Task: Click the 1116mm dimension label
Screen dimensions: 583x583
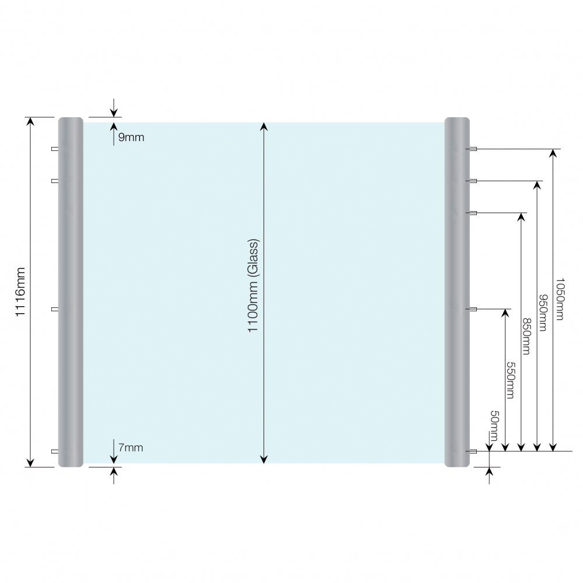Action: pos(20,292)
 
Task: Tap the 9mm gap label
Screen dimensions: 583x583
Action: pos(131,138)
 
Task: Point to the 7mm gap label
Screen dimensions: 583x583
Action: pos(131,448)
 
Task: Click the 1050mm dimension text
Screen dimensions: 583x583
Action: pos(560,298)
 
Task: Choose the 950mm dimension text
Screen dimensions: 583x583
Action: pos(543,312)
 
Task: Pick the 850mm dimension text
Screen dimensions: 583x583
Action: pos(527,336)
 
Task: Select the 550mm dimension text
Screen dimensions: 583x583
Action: pos(511,380)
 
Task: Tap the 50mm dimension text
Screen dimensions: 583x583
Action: pos(494,426)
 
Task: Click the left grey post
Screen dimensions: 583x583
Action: pos(71,292)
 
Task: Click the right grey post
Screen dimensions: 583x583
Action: pos(457,292)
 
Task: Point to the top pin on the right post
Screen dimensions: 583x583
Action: pos(473,149)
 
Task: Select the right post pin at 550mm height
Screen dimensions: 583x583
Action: pos(473,309)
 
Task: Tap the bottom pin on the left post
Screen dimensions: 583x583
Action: pos(55,451)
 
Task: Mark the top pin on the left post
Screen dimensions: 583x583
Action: pos(55,149)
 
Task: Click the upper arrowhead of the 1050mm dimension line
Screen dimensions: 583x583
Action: pos(553,153)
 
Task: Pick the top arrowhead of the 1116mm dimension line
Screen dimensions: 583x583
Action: pos(30,122)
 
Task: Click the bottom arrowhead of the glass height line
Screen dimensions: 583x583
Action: pos(264,459)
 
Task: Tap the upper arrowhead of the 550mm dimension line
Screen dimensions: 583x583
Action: pos(505,313)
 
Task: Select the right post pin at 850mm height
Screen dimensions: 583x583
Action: pos(473,213)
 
